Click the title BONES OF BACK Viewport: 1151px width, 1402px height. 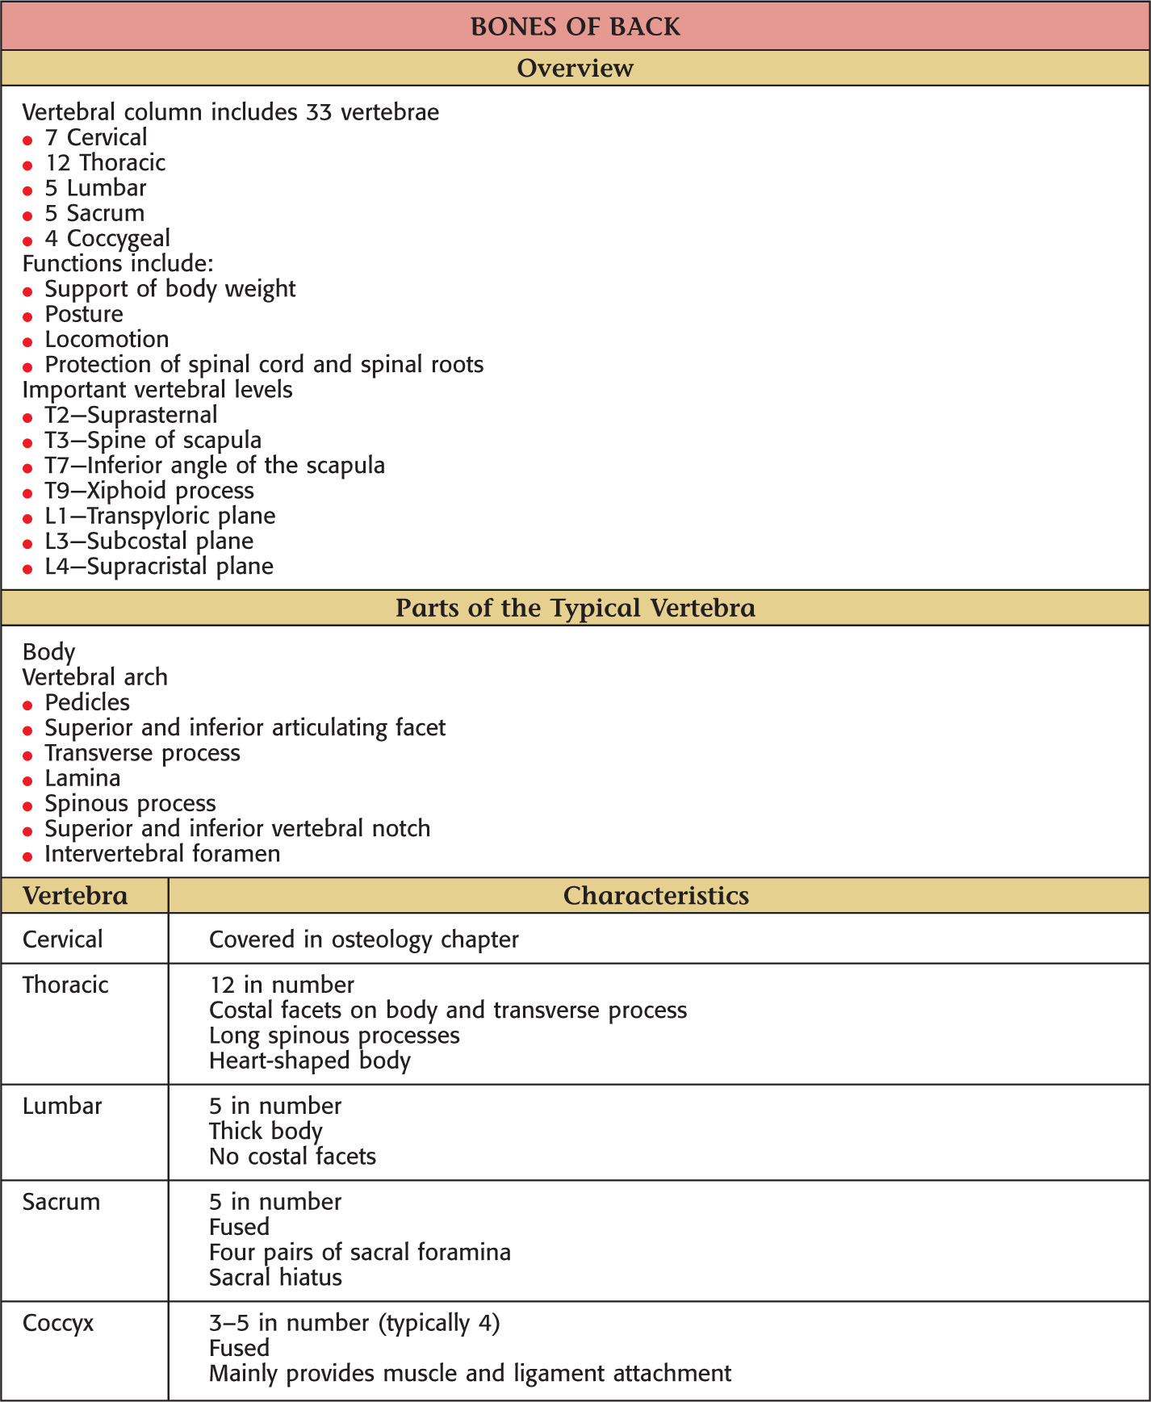[575, 27]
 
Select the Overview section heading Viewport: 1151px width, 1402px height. [575, 69]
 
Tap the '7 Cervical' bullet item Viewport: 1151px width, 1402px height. [96, 138]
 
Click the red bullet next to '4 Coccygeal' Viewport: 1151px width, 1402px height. [27, 241]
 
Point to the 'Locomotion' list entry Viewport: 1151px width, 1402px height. [107, 340]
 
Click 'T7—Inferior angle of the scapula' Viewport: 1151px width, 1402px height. [215, 466]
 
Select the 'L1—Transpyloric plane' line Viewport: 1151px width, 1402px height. [160, 516]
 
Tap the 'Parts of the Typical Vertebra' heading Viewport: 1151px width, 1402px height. [575, 608]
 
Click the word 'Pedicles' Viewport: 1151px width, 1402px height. [87, 703]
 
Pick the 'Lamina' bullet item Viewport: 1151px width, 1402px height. [82, 779]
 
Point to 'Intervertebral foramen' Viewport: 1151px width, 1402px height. [162, 854]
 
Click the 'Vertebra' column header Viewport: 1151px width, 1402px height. [75, 896]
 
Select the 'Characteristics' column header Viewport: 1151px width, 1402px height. [655, 896]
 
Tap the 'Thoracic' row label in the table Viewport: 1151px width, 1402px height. [65, 986]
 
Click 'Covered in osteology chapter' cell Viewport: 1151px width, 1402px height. [363, 940]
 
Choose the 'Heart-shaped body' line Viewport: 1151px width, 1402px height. [310, 1061]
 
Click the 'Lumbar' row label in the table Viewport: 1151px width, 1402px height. [62, 1107]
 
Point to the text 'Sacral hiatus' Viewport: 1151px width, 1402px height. [275, 1278]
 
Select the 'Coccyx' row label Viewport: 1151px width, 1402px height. [58, 1324]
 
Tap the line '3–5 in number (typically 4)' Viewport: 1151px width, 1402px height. [354, 1324]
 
